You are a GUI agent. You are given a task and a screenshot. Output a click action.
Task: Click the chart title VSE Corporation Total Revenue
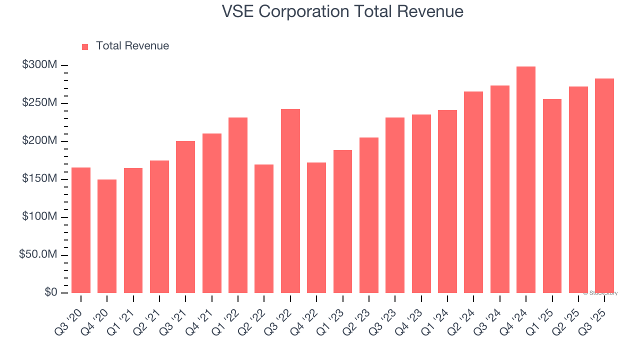coord(342,11)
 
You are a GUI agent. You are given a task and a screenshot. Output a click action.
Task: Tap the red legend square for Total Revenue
coord(85,46)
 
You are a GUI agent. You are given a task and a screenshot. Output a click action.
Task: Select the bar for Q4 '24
coord(526,180)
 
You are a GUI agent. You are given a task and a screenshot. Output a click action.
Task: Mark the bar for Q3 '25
coord(604,185)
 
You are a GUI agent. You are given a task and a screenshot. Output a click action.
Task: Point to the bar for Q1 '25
coord(552,196)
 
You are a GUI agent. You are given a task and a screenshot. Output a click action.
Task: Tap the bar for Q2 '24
coord(473,192)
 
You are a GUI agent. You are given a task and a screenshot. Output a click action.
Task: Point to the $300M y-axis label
coord(39,65)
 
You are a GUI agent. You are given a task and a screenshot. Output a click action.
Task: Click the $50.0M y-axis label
coord(38,255)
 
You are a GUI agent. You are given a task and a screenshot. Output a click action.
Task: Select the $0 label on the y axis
coord(50,292)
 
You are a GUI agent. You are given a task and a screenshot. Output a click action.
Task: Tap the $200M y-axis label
coord(39,141)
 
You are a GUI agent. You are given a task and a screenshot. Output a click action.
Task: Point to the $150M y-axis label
coord(39,179)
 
